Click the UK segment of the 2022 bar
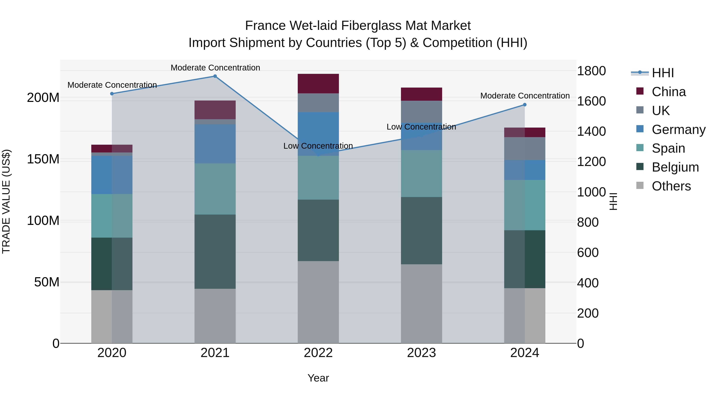[318, 103]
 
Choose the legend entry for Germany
[678, 130]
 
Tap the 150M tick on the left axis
[43, 159]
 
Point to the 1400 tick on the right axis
[591, 131]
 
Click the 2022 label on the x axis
[318, 353]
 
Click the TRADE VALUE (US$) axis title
[6, 201]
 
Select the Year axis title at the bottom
[318, 378]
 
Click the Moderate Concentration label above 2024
[525, 96]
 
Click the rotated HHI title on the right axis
[613, 201]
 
